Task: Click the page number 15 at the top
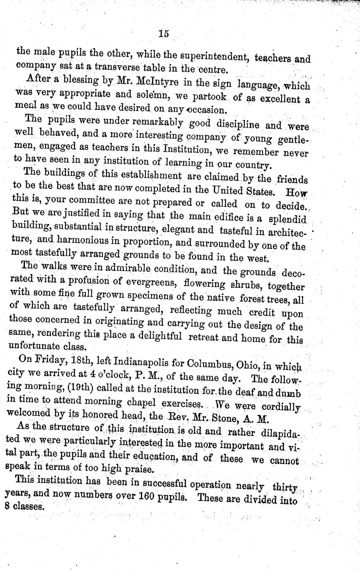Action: pyautogui.click(x=163, y=34)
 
